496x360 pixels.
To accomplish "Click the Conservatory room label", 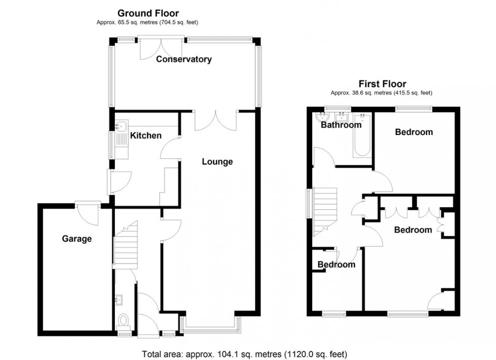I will tap(183, 59).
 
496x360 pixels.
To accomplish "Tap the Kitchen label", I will tap(146, 136).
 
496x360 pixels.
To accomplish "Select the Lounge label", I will tap(217, 162).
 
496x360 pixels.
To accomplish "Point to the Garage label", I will tap(77, 238).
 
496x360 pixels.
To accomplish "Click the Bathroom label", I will tap(341, 125).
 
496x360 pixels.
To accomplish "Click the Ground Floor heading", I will tap(148, 13).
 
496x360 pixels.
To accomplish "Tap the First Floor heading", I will tap(382, 84).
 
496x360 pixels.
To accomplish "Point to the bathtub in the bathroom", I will tap(361, 136).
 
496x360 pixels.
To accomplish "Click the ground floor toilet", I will tap(123, 320).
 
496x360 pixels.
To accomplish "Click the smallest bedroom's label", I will tap(336, 264).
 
